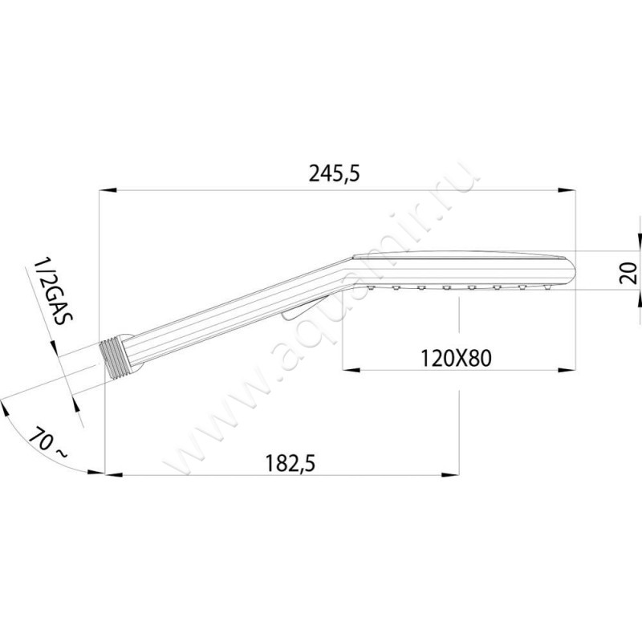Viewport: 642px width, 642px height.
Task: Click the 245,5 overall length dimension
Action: [x=334, y=173]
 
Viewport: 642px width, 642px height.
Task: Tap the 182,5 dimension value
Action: [x=291, y=464]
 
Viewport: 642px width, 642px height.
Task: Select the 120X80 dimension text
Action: [x=456, y=359]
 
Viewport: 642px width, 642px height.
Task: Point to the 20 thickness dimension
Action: [x=628, y=273]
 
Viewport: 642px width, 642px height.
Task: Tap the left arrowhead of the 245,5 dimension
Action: [x=108, y=190]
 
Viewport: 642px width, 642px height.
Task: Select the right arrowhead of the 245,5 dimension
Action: [x=567, y=190]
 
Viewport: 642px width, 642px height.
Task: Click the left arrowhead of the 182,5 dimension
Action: [x=114, y=475]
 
